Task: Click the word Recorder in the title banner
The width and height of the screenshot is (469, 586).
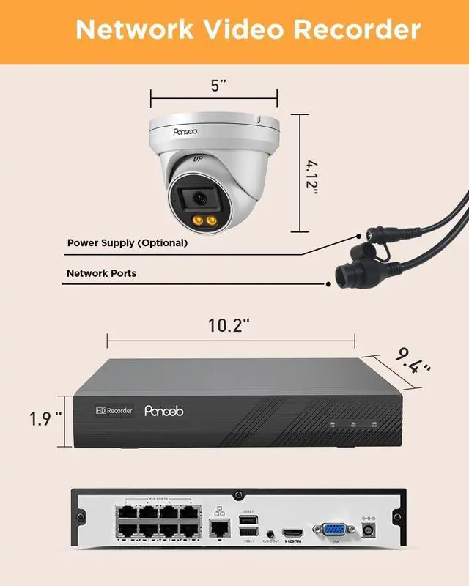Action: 357,30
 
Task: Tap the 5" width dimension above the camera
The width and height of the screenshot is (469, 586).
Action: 218,85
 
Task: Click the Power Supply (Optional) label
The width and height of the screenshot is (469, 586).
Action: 128,242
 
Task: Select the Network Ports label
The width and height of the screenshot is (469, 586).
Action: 101,273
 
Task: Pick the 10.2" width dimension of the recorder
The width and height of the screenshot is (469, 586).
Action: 229,325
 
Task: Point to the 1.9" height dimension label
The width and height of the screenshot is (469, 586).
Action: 45,419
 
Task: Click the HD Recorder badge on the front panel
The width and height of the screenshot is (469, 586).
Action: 114,411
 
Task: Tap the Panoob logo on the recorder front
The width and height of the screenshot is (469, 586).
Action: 163,412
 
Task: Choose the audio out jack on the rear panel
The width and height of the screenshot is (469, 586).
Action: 270,533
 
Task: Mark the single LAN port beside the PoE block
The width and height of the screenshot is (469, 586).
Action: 217,526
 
